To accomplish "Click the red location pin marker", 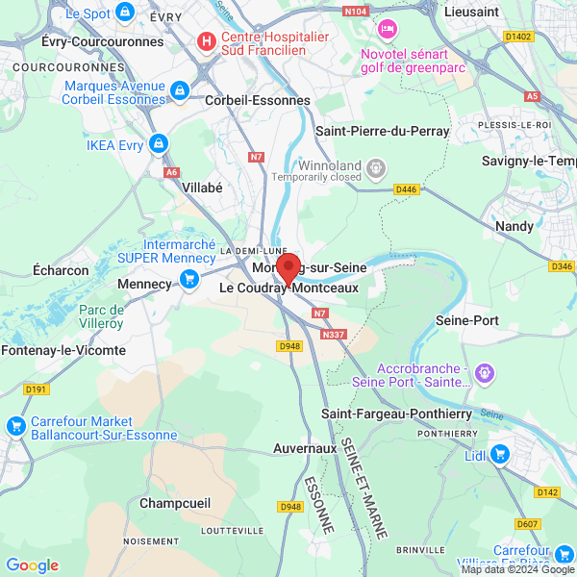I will click(x=288, y=269).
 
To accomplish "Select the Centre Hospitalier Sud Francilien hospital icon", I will click(x=206, y=41).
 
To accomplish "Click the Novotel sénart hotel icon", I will click(x=388, y=31).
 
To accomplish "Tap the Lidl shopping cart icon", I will click(x=499, y=454).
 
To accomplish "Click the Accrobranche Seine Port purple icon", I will click(x=485, y=370).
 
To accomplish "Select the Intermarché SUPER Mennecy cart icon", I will click(x=188, y=279).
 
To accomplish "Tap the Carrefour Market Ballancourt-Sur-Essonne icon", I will click(x=15, y=426).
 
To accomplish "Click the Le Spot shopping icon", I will click(x=124, y=13).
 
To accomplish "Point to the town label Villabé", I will click(x=202, y=188).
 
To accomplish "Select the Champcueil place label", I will click(x=175, y=503).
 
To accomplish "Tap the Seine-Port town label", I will click(x=467, y=320).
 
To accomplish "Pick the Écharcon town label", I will click(x=61, y=270).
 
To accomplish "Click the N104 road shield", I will click(x=357, y=11).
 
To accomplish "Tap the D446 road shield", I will click(x=407, y=189).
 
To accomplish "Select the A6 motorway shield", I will click(x=171, y=172).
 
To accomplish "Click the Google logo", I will click(x=33, y=565).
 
